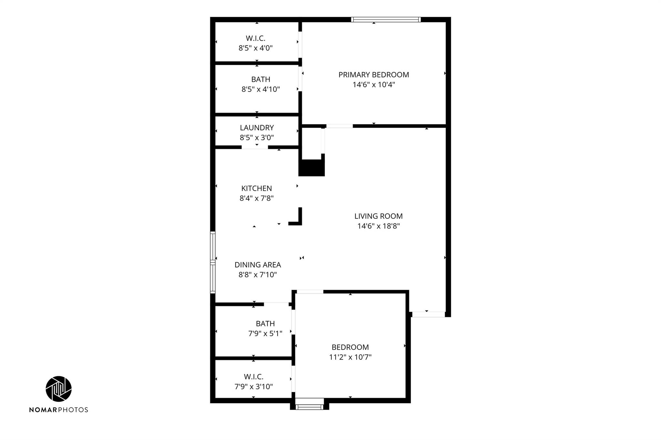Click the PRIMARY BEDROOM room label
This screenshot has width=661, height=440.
(374, 75)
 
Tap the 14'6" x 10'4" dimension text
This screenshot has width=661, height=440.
(374, 85)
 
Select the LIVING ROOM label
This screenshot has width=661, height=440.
(379, 216)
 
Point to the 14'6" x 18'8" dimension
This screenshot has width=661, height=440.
(379, 226)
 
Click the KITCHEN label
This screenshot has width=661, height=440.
(257, 188)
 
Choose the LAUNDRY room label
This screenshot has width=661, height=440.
(257, 128)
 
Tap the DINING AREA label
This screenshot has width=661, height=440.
(258, 265)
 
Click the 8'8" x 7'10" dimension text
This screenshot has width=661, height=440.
(258, 275)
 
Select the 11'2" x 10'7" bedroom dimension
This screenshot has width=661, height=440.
(350, 357)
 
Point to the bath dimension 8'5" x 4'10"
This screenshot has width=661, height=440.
(261, 89)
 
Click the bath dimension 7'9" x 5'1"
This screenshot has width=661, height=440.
(265, 334)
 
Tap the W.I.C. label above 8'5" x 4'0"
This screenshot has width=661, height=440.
(256, 38)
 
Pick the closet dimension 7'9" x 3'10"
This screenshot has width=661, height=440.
(254, 386)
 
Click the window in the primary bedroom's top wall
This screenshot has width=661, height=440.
(386, 19)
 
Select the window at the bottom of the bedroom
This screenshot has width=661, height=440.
(310, 407)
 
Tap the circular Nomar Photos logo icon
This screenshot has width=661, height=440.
(59, 389)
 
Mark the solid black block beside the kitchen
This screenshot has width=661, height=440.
(311, 168)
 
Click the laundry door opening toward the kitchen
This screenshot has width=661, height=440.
(255, 147)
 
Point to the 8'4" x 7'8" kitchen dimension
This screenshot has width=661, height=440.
(257, 198)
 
